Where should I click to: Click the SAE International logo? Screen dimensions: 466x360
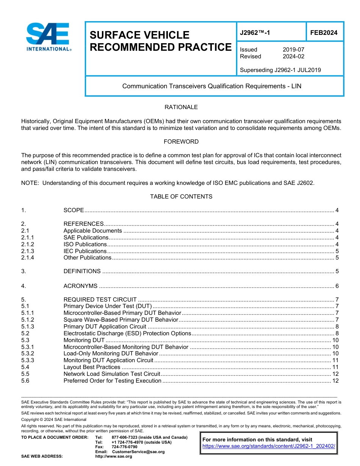coord(48,37)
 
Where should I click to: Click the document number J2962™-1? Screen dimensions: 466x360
coord(255,33)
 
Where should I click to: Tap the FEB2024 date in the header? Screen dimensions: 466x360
coord(324,33)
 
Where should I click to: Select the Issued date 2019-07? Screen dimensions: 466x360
coord(293,50)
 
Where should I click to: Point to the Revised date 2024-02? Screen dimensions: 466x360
coord(293,56)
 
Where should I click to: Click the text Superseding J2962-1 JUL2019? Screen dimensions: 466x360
coord(280,70)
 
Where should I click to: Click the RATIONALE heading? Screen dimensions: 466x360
coord(181,107)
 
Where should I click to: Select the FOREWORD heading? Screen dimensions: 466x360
coord(181,142)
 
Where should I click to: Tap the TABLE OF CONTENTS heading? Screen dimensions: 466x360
coord(181,197)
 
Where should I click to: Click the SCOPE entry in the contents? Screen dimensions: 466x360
coord(74,210)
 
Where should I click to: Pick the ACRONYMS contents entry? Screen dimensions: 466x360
coord(80,286)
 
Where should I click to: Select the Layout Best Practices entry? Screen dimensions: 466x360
coord(92,367)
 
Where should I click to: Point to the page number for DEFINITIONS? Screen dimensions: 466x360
coord(337,271)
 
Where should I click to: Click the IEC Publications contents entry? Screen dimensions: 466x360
coord(85,251)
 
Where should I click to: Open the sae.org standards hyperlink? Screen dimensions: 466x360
coord(269,446)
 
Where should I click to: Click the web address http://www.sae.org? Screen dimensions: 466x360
coord(114,457)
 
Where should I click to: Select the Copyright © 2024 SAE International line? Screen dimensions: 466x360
coord(54,420)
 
